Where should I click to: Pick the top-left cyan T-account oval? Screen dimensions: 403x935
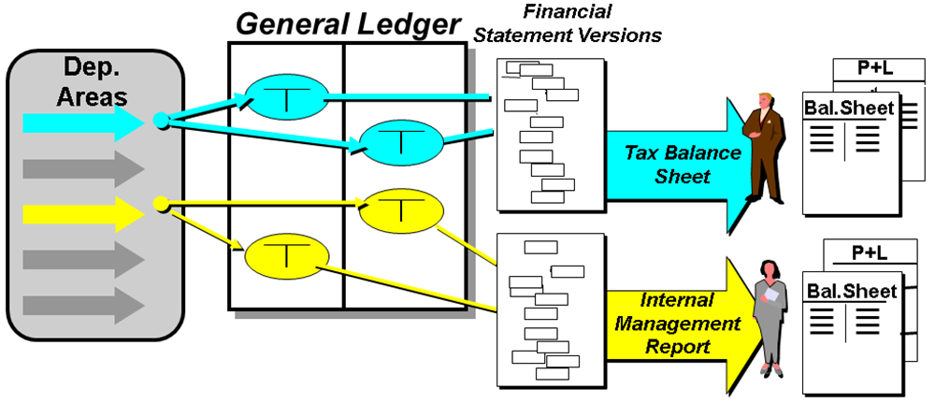pos(286,94)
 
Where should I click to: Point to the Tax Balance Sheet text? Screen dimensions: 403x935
pos(669,164)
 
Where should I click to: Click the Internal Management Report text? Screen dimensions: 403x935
pos(677,324)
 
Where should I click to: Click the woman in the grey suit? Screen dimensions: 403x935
pos(772,313)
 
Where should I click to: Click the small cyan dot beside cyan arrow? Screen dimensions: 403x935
pos(160,121)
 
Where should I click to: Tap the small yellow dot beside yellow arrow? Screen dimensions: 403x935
pos(160,203)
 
